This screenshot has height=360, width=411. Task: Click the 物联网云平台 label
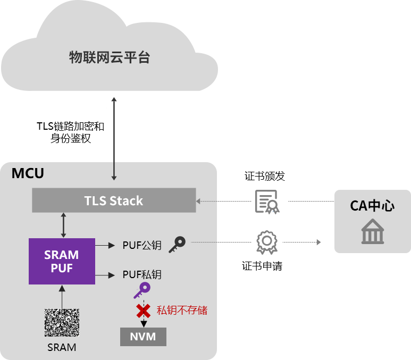click(x=110, y=57)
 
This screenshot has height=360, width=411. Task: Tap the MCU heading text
click(x=28, y=173)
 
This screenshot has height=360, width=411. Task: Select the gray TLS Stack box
click(x=113, y=200)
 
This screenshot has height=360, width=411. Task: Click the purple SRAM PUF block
click(x=62, y=261)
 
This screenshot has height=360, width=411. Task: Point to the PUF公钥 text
click(x=142, y=245)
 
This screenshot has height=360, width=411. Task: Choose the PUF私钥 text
click(x=142, y=275)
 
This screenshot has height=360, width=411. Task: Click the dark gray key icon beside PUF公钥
click(x=177, y=244)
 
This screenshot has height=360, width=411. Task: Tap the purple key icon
click(x=142, y=290)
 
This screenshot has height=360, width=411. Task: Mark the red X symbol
click(x=143, y=310)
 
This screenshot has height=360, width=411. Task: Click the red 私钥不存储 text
click(x=181, y=310)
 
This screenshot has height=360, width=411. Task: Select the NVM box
click(x=143, y=337)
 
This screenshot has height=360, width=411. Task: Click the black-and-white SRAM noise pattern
click(x=62, y=323)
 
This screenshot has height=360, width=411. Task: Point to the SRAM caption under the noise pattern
click(x=62, y=347)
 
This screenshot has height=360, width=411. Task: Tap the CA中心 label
click(x=372, y=206)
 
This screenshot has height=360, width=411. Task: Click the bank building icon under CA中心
click(x=372, y=231)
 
